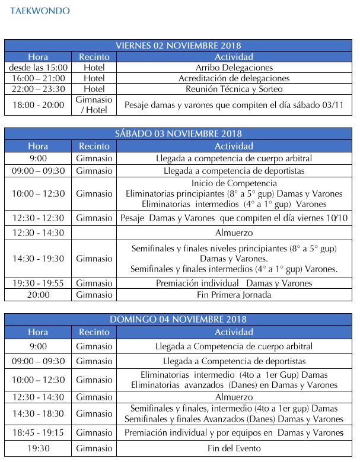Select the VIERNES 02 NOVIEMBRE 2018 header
coord(181,46)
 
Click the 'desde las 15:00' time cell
coord(39,68)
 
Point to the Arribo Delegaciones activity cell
coord(234,68)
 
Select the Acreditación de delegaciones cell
coord(234,78)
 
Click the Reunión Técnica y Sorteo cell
coord(234,89)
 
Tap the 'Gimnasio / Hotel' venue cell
coord(94,105)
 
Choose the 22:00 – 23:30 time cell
coord(39,89)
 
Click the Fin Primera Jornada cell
coord(234,294)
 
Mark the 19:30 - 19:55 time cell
coord(39,283)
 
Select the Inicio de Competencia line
coord(234,183)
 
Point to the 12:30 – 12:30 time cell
coord(39,218)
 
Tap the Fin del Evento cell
coord(234,448)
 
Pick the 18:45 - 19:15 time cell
coord(39,433)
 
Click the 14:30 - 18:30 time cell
coord(39,413)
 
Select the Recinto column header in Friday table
coord(94,57)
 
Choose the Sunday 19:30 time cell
coord(39,448)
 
